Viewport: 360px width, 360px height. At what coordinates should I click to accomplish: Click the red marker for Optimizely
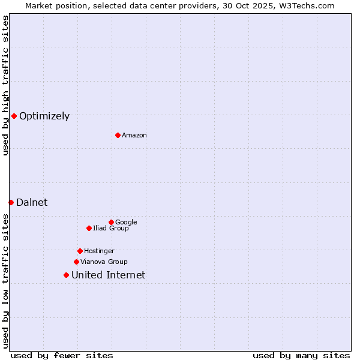click(x=14, y=116)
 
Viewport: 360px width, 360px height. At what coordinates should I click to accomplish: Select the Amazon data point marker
click(x=118, y=135)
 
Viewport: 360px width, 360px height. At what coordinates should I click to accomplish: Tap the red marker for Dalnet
click(x=11, y=202)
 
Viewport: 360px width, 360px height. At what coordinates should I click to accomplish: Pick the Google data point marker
click(x=111, y=222)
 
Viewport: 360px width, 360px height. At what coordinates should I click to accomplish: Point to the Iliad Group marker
click(x=89, y=228)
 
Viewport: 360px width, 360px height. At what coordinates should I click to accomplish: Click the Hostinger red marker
click(x=80, y=251)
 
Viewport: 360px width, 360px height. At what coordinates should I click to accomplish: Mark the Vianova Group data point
click(x=76, y=262)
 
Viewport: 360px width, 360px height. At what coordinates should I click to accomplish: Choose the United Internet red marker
click(x=66, y=275)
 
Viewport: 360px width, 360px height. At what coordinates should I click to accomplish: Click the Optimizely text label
click(x=44, y=116)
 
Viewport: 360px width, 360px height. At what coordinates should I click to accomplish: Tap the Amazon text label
click(x=134, y=136)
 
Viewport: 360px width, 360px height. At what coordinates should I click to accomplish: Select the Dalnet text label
click(x=32, y=203)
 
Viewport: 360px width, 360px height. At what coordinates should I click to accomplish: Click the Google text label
click(x=126, y=223)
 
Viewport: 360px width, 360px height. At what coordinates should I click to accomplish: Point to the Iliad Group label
click(x=111, y=229)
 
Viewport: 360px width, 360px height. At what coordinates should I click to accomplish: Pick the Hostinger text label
click(x=99, y=251)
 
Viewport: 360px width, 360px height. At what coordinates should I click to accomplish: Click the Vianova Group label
click(x=104, y=262)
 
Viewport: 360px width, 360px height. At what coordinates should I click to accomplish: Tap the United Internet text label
click(x=108, y=275)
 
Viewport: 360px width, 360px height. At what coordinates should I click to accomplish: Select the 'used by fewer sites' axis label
click(x=62, y=355)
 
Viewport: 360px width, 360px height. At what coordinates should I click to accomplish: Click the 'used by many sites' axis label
click(x=301, y=355)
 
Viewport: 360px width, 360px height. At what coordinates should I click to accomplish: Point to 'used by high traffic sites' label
click(x=5, y=85)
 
